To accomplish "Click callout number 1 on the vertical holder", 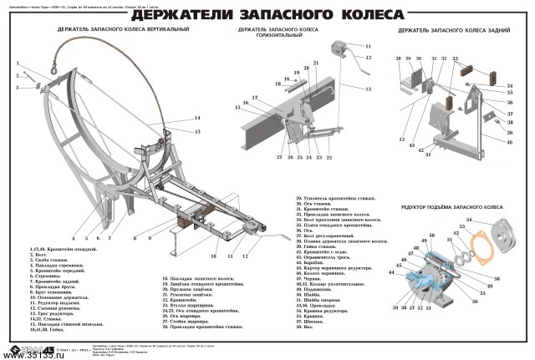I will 17,63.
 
